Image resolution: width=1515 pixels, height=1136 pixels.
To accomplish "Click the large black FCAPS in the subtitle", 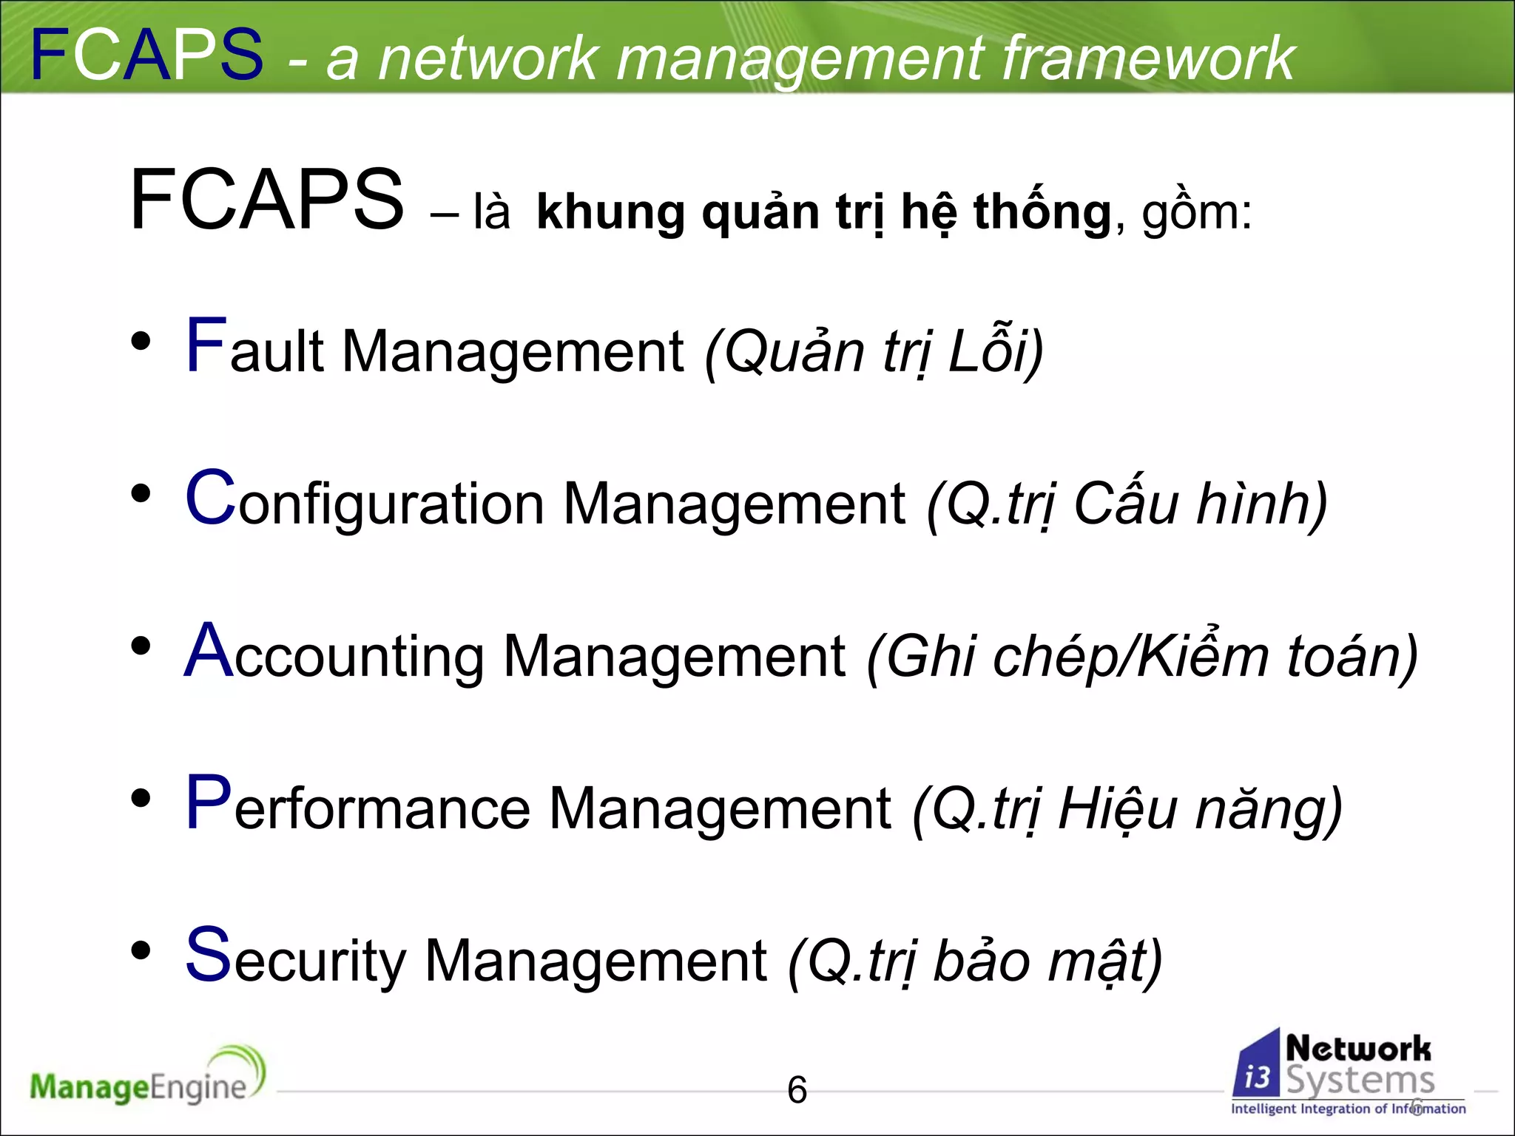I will [266, 200].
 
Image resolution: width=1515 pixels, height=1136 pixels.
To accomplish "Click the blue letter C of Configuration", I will [210, 498].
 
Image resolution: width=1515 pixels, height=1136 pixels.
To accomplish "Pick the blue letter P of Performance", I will [209, 803].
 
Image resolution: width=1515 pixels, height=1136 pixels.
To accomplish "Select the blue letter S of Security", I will [209, 956].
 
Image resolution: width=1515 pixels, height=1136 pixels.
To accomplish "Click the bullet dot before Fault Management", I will [141, 341].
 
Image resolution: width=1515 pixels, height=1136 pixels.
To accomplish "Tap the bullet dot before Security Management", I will [141, 950].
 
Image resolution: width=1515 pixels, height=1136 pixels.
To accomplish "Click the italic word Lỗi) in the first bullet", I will [995, 351].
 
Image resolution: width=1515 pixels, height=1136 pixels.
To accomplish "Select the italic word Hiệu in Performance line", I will [1117, 809].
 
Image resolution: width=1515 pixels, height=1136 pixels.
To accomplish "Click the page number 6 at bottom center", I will [797, 1090].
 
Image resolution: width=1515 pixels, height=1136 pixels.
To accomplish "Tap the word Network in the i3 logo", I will [1358, 1049].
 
